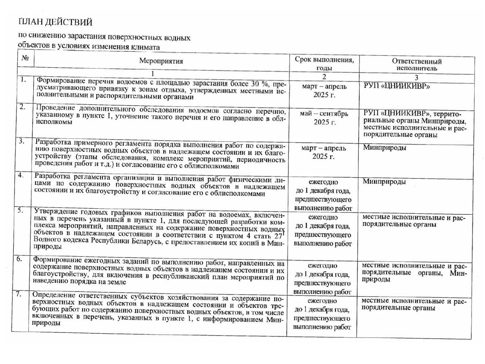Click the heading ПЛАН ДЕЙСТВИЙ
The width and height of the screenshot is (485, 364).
(x=56, y=22)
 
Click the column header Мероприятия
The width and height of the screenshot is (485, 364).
(x=161, y=61)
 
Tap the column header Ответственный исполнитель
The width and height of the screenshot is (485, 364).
(x=416, y=64)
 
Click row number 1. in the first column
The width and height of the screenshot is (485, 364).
(x=23, y=80)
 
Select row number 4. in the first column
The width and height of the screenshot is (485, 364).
(x=21, y=176)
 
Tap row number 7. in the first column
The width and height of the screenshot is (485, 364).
(x=19, y=295)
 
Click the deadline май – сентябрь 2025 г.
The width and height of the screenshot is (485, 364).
(x=324, y=117)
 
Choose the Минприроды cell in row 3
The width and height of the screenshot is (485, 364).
(x=384, y=147)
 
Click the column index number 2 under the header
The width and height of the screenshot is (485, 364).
(x=324, y=77)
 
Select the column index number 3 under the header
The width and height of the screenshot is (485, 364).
(x=416, y=77)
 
